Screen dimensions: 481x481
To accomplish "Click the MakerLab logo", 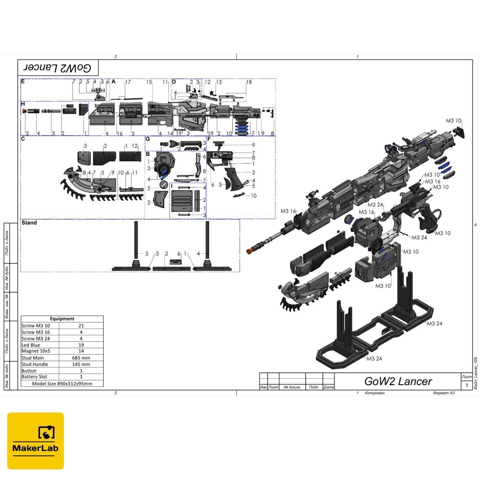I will pos(35,441).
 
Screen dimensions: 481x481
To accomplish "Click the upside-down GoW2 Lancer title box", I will pos(58,68).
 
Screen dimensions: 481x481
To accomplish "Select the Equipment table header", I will pos(62,319).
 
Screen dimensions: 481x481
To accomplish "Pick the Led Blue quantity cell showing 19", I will pos(81,345).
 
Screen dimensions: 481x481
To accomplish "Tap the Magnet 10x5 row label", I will pos(36,351).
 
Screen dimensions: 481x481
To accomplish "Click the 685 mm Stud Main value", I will pos(81,358).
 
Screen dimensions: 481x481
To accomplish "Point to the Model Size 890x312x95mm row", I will pos(62,383).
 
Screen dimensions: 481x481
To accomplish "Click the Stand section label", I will pos(29,223).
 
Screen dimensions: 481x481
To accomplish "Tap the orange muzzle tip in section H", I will pos(24,111).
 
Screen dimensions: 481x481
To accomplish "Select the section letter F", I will pos(209,139).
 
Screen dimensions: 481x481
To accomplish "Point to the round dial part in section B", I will pos(164,184).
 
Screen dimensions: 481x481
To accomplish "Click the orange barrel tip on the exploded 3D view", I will pos(249,251).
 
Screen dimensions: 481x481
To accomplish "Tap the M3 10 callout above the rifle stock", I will pos(453,121).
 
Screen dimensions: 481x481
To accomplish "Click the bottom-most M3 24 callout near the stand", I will pos(374,359).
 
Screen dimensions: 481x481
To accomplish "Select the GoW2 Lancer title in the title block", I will pos(398,381).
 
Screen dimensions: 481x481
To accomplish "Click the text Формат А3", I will pos(444,393).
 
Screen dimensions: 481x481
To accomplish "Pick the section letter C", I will pos(23,139).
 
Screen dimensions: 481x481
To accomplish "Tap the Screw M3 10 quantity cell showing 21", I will pos(81,326).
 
